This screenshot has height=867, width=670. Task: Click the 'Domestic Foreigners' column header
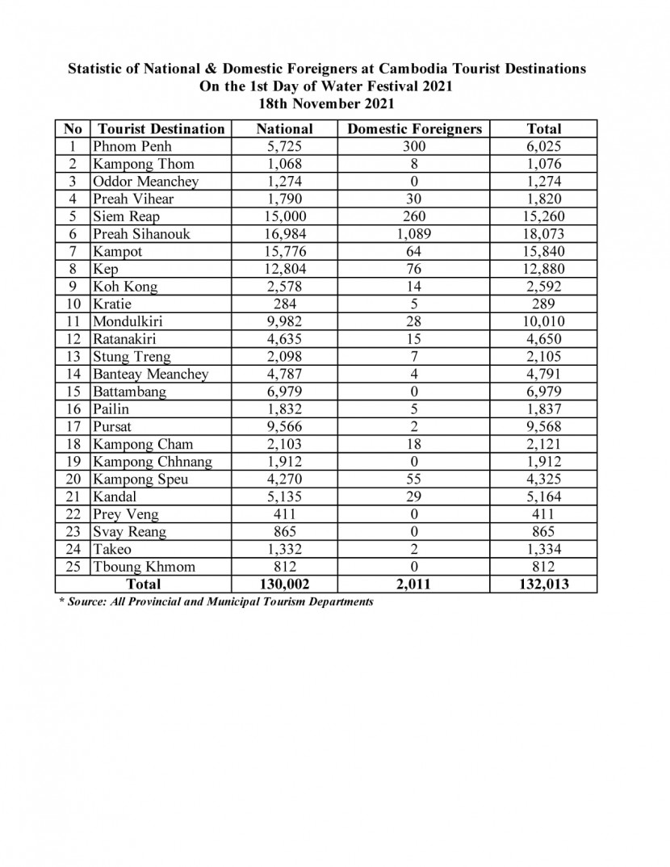click(x=413, y=128)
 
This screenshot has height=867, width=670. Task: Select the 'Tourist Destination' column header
click(x=161, y=128)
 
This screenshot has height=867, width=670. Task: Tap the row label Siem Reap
click(x=126, y=216)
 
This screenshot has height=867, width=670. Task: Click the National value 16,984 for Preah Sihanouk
click(x=284, y=234)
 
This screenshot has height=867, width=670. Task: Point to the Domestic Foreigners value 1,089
click(x=413, y=234)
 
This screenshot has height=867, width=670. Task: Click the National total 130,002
click(x=284, y=584)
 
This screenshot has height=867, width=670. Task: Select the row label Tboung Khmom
click(x=144, y=566)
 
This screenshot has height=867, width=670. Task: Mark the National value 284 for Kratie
click(x=284, y=304)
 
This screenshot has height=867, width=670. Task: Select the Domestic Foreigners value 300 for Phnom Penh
click(x=413, y=146)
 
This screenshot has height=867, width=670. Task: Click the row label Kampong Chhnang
click(x=153, y=461)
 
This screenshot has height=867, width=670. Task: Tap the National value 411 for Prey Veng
click(x=284, y=513)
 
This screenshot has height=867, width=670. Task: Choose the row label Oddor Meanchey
click(x=145, y=182)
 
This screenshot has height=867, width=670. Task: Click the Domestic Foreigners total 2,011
click(x=413, y=584)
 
